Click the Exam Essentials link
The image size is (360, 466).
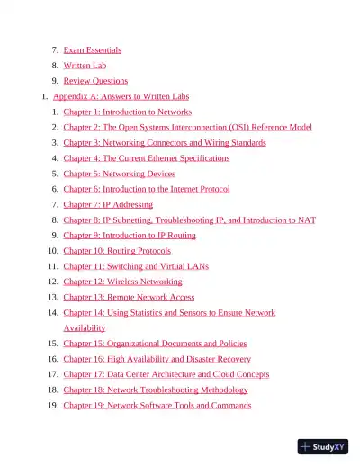click(x=92, y=50)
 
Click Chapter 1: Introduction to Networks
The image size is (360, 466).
click(x=127, y=112)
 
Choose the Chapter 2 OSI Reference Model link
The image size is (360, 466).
click(x=188, y=128)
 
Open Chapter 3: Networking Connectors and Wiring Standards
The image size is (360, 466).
click(x=164, y=143)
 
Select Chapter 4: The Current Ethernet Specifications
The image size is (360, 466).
click(x=146, y=158)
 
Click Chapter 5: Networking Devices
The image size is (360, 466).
click(x=119, y=174)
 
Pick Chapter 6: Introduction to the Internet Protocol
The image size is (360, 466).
click(x=146, y=189)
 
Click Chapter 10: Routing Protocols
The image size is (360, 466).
click(x=117, y=251)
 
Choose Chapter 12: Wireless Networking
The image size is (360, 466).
click(x=122, y=282)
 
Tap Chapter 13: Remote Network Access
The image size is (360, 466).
click(x=129, y=297)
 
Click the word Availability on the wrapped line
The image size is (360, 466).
click(x=84, y=328)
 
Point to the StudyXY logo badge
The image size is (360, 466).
click(x=323, y=445)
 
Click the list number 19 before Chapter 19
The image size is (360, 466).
click(x=53, y=406)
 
